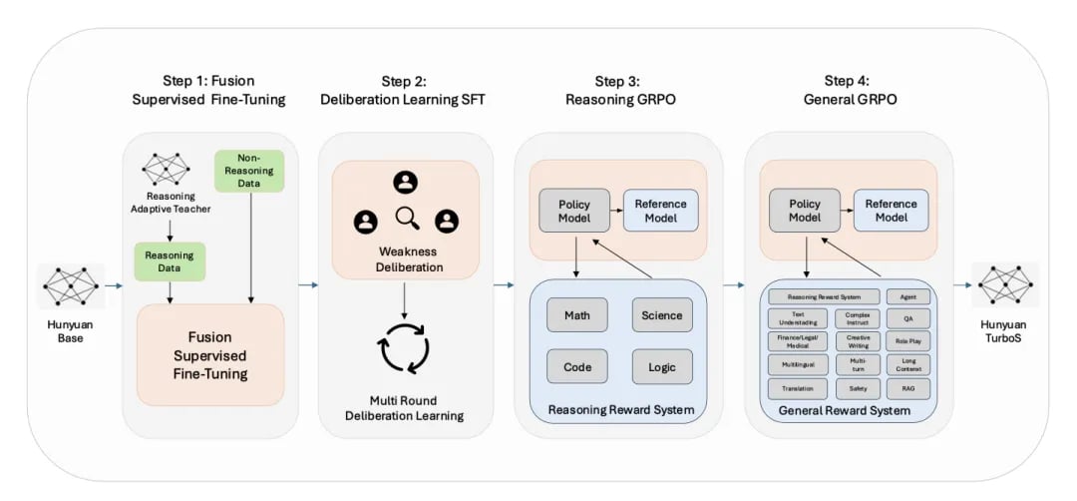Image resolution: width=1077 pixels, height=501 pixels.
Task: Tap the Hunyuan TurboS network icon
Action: pyautogui.click(x=1005, y=288)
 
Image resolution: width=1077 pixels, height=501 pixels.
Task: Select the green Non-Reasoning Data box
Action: pyautogui.click(x=241, y=172)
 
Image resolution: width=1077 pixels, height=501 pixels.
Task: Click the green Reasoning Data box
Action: pyautogui.click(x=169, y=261)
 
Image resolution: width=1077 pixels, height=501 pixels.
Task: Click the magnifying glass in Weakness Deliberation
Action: pyautogui.click(x=406, y=218)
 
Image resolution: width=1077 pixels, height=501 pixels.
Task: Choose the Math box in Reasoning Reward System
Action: pyautogui.click(x=576, y=315)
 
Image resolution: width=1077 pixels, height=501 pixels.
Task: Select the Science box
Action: pyautogui.click(x=661, y=315)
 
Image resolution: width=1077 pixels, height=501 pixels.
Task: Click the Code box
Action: pyautogui.click(x=576, y=367)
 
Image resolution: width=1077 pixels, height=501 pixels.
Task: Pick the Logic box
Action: pyautogui.click(x=661, y=367)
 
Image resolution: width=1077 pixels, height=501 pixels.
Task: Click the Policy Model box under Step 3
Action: pyautogui.click(x=573, y=212)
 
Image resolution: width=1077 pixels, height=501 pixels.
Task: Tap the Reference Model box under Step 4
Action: pyautogui.click(x=891, y=211)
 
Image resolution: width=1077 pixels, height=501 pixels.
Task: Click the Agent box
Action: pyautogui.click(x=907, y=296)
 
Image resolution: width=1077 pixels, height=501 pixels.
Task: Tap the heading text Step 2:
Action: pyautogui.click(x=404, y=81)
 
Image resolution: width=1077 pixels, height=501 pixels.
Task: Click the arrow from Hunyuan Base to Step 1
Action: pyautogui.click(x=112, y=287)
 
